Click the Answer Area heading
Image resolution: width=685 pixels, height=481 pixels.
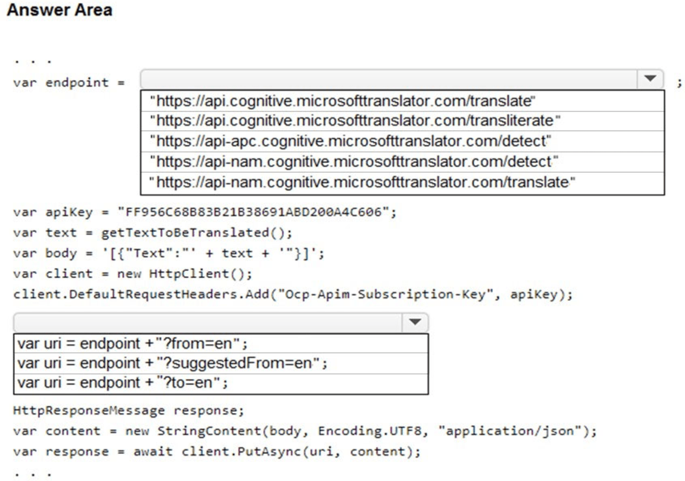click(59, 10)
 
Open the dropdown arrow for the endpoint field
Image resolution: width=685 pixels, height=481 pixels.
click(650, 79)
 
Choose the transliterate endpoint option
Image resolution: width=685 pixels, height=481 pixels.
click(354, 121)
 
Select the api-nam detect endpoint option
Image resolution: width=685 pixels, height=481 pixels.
click(354, 162)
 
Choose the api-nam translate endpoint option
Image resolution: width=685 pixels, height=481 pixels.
click(362, 183)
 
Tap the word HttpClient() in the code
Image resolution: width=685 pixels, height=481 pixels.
click(200, 273)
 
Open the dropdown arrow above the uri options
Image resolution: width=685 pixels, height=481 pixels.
click(414, 322)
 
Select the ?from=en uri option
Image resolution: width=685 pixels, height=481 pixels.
click(132, 343)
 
